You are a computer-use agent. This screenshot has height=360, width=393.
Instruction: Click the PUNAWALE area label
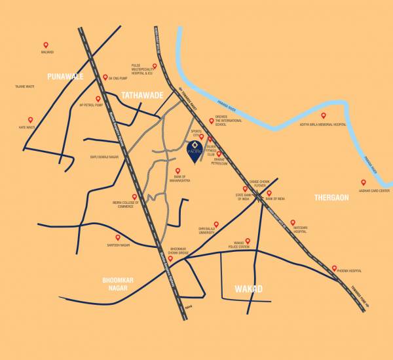click(x=65, y=77)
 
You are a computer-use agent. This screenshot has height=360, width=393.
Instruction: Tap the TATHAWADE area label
click(x=142, y=96)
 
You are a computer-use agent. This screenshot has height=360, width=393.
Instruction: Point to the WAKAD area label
click(x=248, y=289)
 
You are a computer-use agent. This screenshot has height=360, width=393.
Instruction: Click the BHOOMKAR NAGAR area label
click(x=118, y=284)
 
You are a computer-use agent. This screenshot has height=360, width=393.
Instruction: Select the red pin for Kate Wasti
click(x=30, y=120)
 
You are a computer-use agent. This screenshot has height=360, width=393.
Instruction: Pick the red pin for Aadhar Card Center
click(x=364, y=182)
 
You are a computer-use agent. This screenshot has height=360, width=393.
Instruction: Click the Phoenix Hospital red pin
click(x=334, y=268)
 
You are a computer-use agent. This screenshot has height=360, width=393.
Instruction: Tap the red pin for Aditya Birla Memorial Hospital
click(x=323, y=115)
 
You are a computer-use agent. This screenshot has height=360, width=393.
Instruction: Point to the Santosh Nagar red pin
click(x=118, y=237)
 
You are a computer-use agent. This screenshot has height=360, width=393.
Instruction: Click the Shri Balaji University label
click(x=207, y=231)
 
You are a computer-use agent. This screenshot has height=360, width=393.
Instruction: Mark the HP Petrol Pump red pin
click(x=98, y=99)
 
